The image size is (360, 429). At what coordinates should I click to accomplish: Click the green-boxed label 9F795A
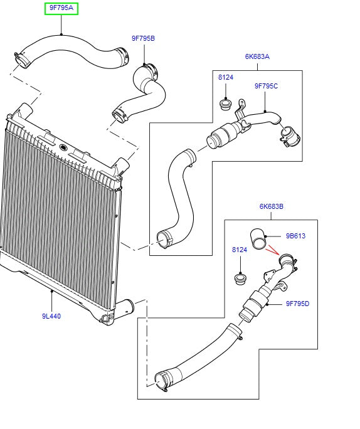tap(61, 8)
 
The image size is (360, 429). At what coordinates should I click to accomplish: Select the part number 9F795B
tap(143, 38)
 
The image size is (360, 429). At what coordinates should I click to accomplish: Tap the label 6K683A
tap(257, 56)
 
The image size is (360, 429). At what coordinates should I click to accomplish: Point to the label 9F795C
tap(266, 86)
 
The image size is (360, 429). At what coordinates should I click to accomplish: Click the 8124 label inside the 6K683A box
tap(225, 77)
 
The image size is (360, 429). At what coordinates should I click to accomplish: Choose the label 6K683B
tap(272, 206)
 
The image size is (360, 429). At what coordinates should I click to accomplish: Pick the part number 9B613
tap(295, 236)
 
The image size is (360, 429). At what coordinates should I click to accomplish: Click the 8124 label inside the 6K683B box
tap(240, 250)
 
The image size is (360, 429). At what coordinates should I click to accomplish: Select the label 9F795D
tap(297, 304)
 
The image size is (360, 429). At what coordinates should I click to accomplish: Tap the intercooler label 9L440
tap(51, 316)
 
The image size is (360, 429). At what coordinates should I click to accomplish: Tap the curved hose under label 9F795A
tap(69, 47)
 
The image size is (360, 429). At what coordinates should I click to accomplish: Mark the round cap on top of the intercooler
tap(63, 148)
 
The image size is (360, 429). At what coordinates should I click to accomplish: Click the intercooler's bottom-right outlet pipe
tap(127, 307)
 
